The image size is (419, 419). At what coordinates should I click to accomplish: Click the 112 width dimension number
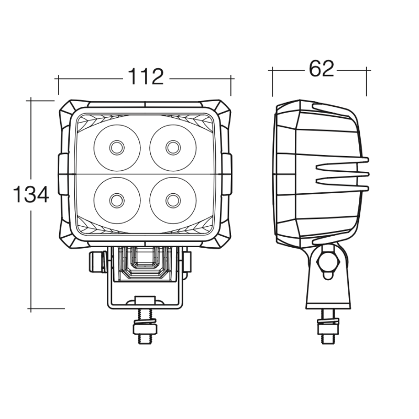click(x=146, y=77)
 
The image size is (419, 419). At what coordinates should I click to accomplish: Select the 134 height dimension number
click(x=31, y=194)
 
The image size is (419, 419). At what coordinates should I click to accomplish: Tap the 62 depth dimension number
click(x=322, y=69)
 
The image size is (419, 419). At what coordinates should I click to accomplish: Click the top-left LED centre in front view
click(x=117, y=148)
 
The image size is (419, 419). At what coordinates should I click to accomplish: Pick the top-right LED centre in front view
click(x=173, y=148)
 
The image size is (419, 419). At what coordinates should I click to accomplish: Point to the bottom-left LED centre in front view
click(x=117, y=201)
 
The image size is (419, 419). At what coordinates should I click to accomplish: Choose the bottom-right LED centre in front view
click(x=173, y=201)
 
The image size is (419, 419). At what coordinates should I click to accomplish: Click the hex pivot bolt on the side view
click(x=328, y=262)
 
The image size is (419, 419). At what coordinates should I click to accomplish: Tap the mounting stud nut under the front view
click(x=145, y=329)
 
